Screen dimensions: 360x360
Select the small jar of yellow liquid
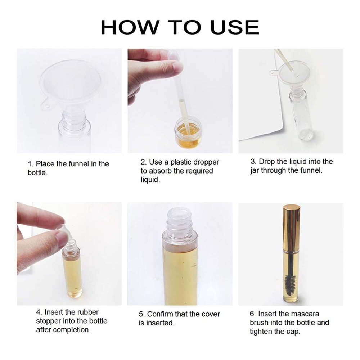click(x=188, y=132)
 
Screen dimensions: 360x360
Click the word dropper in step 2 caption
click(x=206, y=162)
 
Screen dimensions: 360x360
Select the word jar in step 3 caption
click(x=255, y=171)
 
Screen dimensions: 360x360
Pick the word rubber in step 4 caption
click(x=88, y=312)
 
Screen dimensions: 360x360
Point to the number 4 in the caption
click(x=39, y=312)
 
